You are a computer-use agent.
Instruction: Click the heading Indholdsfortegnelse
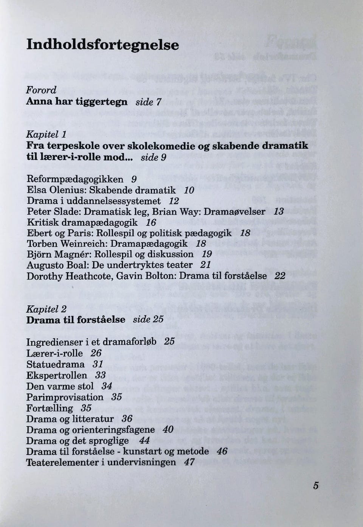pyautogui.click(x=102, y=45)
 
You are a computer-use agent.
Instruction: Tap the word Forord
pyautogui.click(x=41, y=90)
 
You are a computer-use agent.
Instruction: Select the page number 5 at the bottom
pyautogui.click(x=316, y=486)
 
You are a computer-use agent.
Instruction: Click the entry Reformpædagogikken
pyautogui.click(x=75, y=179)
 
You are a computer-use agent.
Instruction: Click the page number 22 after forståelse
pyautogui.click(x=280, y=276)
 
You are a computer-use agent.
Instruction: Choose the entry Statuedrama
pyautogui.click(x=55, y=364)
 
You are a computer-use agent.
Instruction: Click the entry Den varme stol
pyautogui.click(x=60, y=386)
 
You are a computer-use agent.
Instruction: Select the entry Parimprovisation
pyautogui.click(x=65, y=397)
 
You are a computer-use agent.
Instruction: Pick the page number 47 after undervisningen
pyautogui.click(x=189, y=462)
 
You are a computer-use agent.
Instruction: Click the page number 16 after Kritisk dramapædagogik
pyautogui.click(x=151, y=222)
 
